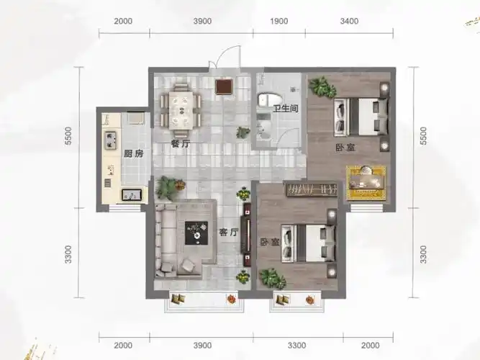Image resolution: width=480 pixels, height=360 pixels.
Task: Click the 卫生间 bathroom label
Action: pyautogui.click(x=285, y=108)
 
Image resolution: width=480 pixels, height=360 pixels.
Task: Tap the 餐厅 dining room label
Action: pyautogui.click(x=181, y=144)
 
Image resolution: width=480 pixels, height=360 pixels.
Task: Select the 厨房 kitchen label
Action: pyautogui.click(x=133, y=153)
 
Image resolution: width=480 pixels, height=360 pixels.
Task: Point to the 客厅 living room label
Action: pyautogui.click(x=228, y=233)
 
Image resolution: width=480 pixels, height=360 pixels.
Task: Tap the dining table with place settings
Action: pyautogui.click(x=181, y=110)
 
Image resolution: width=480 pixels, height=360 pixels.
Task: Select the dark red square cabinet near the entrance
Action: pyautogui.click(x=225, y=86)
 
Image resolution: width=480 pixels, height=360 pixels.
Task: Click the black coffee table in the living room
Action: pyautogui.click(x=196, y=233)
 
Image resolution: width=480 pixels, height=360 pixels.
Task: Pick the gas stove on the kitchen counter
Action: pyautogui.click(x=111, y=140)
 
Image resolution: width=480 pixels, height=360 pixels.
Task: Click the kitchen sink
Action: pyautogui.click(x=132, y=195)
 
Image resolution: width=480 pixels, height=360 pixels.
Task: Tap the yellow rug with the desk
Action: pyautogui.click(x=366, y=183)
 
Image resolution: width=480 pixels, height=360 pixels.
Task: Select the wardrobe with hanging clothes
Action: pyautogui.click(x=312, y=189)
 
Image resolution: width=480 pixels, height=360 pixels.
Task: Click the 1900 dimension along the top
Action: pyautogui.click(x=279, y=21)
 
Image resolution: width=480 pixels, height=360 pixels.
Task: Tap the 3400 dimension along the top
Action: pyautogui.click(x=349, y=21)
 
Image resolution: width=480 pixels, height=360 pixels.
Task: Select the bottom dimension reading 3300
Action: pyautogui.click(x=297, y=346)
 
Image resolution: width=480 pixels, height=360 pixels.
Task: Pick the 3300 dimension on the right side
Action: pyautogui.click(x=423, y=254)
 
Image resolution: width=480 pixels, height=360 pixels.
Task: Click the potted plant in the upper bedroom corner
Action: pyautogui.click(x=322, y=86)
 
